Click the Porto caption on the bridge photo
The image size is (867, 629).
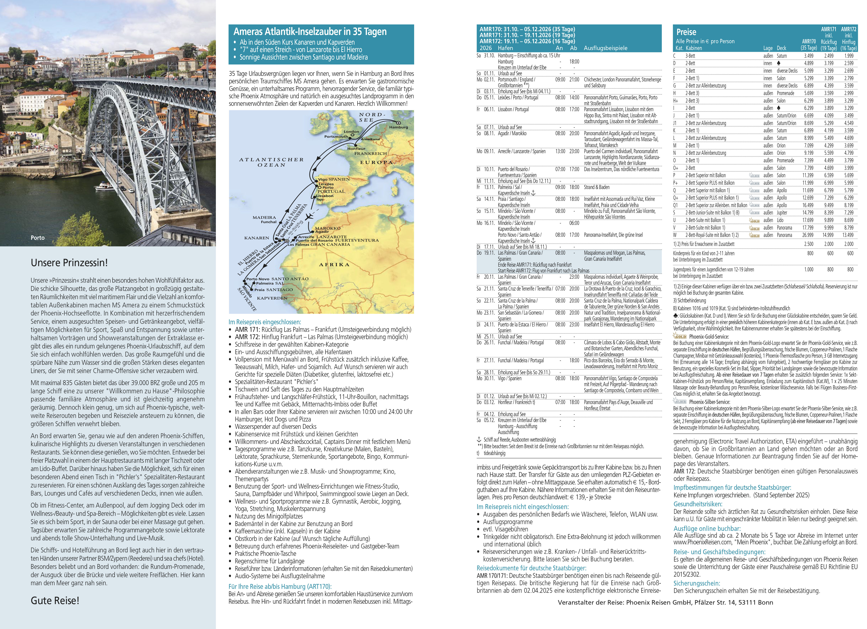click(x=37, y=238)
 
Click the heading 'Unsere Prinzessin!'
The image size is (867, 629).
click(x=69, y=263)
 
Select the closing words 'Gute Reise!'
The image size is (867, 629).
click(x=55, y=600)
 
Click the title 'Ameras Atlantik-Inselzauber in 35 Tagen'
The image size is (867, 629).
click(x=310, y=32)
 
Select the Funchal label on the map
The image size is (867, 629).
click(x=269, y=222)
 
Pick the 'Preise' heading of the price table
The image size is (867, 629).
click(x=686, y=32)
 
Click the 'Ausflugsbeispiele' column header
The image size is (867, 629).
click(x=606, y=48)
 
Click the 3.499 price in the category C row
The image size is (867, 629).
click(x=809, y=56)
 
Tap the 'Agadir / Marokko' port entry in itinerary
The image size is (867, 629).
click(x=512, y=133)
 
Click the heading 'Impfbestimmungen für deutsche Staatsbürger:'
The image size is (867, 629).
click(x=732, y=487)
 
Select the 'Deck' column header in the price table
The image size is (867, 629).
click(x=781, y=48)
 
